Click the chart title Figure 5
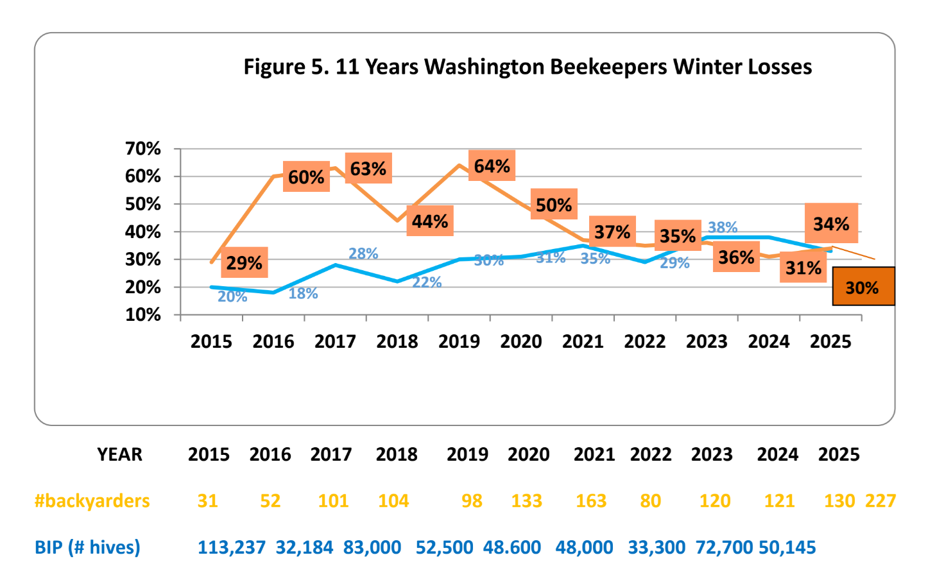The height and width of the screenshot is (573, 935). [x=528, y=67]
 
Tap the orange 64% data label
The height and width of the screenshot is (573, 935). [x=492, y=166]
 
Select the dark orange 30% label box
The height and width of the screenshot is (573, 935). [x=863, y=286]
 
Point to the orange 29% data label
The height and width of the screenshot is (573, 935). [x=244, y=262]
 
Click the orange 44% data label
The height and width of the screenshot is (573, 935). [x=430, y=221]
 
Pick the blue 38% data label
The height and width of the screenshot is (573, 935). [x=723, y=227]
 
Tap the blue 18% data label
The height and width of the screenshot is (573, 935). [x=303, y=293]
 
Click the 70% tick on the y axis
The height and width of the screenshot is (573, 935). [x=142, y=149]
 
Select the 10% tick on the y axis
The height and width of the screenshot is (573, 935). [x=142, y=314]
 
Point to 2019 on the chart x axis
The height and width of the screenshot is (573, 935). [x=459, y=341]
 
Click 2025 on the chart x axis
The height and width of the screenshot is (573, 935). [x=830, y=341]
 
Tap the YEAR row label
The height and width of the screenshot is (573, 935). [x=120, y=454]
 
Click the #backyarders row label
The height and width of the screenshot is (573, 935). [x=92, y=500]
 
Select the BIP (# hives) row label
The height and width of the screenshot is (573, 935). [x=87, y=547]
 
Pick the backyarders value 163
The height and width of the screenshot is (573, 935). [x=591, y=500]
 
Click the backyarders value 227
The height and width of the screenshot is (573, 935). [x=880, y=500]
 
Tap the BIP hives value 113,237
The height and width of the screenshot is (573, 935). [x=231, y=547]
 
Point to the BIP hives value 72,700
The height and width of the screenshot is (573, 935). [x=724, y=547]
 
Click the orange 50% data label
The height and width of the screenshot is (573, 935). [x=554, y=204]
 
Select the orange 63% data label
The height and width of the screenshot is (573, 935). [x=368, y=168]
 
